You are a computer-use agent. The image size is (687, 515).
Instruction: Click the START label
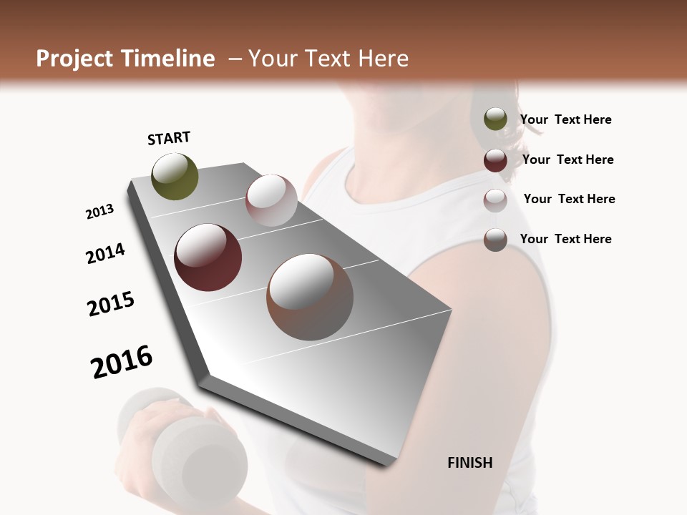[169, 138]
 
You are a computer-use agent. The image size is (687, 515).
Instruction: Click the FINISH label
[470, 463]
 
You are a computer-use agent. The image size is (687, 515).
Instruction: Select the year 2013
[99, 212]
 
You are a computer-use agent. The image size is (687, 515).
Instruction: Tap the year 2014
[105, 254]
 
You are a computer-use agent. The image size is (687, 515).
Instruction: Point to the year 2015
[111, 304]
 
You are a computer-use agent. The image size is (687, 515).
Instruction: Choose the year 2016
[122, 362]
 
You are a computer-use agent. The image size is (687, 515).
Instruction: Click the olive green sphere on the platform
[175, 177]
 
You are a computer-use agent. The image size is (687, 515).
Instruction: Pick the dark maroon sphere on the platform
[208, 257]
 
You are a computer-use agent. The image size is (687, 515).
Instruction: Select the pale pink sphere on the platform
[271, 200]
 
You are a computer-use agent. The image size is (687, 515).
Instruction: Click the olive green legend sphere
[495, 119]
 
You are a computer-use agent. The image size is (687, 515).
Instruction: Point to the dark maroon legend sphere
[495, 160]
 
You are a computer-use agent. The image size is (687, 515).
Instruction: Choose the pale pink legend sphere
[495, 200]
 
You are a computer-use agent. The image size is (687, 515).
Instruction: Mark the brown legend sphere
[495, 240]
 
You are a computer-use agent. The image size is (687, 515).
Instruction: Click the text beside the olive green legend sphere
[565, 120]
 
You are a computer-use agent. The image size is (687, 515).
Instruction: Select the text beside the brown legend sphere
[565, 239]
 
